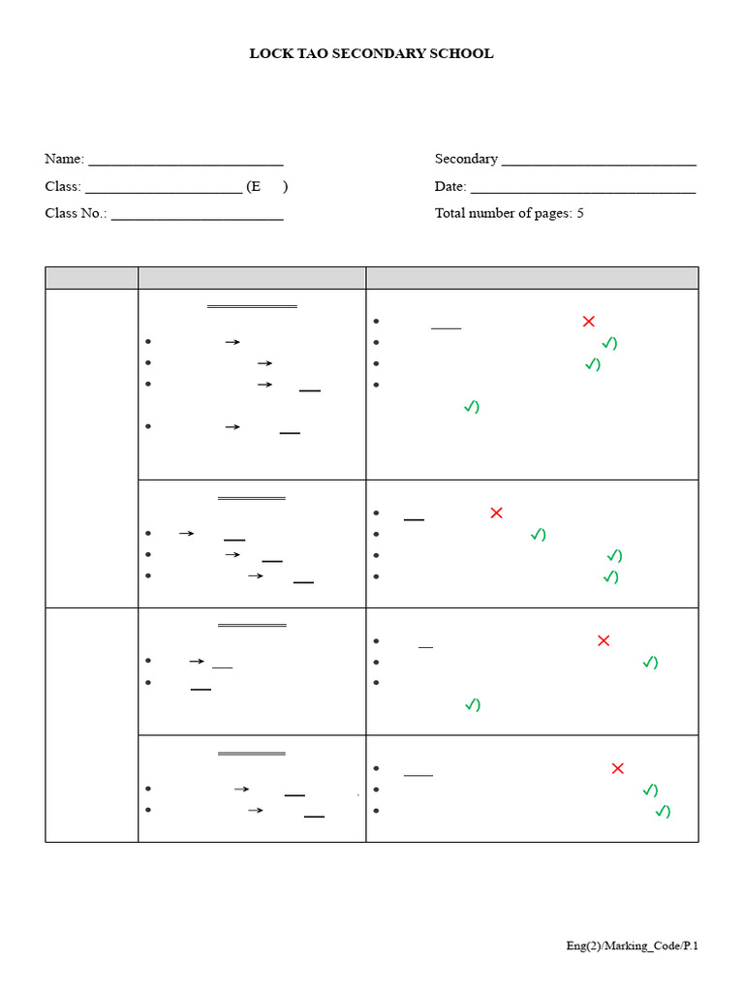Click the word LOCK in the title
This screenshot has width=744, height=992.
tap(268, 54)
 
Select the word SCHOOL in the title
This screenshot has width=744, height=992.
tap(463, 54)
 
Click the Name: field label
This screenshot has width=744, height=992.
tap(64, 159)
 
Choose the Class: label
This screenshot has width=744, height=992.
tap(63, 186)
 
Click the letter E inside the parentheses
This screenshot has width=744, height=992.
tap(254, 186)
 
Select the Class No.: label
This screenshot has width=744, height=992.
tap(76, 213)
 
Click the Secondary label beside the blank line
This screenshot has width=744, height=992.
tap(466, 159)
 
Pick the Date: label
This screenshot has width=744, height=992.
tap(450, 186)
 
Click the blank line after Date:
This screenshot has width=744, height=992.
tap(582, 189)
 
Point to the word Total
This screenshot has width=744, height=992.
tap(450, 213)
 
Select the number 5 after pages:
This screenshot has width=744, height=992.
tap(580, 213)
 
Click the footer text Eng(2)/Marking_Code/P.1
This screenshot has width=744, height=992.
tap(632, 945)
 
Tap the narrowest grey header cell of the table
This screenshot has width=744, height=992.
tap(91, 277)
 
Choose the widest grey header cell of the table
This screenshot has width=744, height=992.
tap(532, 277)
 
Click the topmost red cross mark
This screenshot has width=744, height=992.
tap(588, 322)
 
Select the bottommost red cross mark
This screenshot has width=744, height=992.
tap(618, 768)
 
